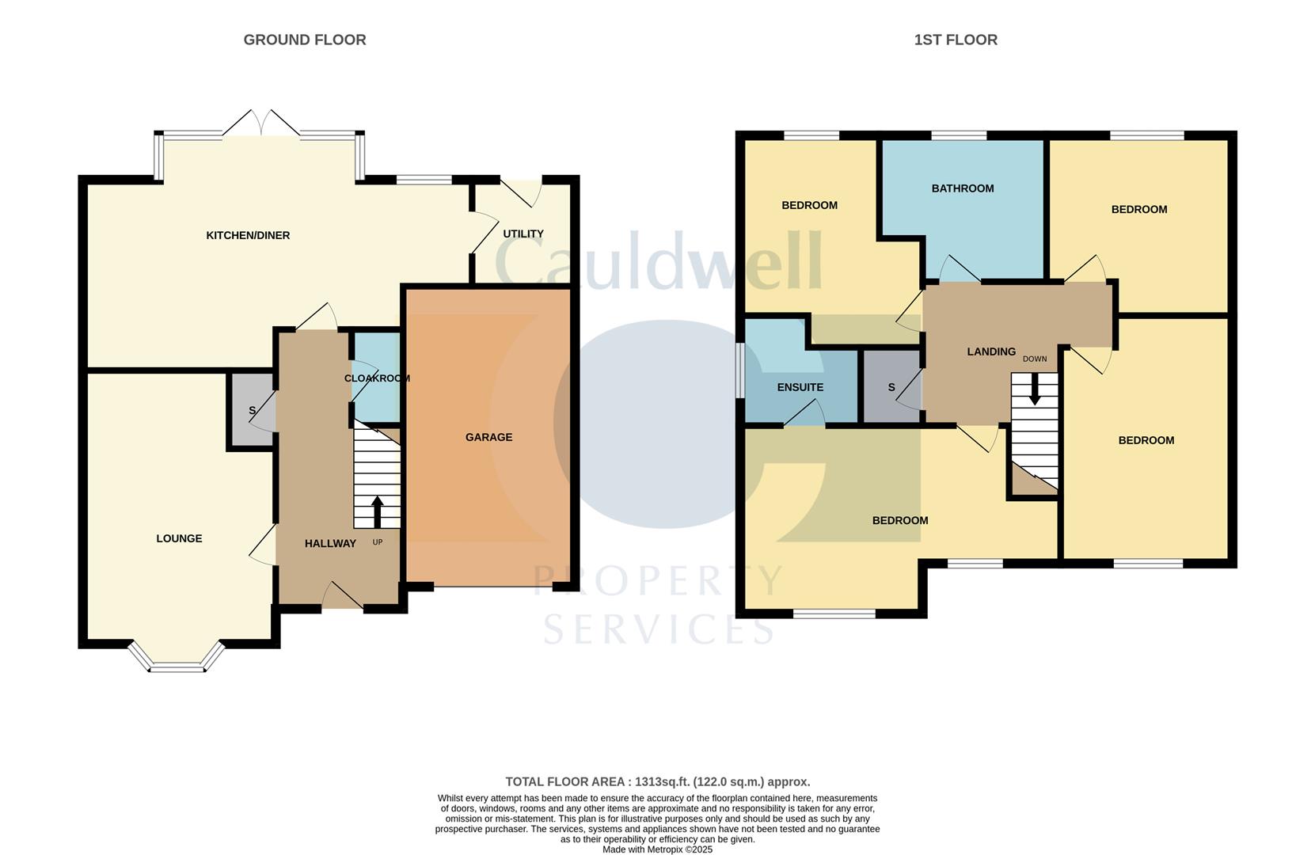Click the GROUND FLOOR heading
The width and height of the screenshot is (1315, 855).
click(x=304, y=40)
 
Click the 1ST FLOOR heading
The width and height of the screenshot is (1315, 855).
click(x=955, y=40)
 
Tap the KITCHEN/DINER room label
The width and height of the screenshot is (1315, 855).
click(x=248, y=235)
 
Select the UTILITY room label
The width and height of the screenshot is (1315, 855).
click(x=523, y=234)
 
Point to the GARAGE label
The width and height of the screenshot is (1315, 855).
click(x=488, y=437)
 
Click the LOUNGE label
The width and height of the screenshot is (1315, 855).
click(x=179, y=538)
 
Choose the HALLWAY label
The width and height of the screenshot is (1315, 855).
click(x=330, y=543)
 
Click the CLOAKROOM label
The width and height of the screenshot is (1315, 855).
click(x=377, y=378)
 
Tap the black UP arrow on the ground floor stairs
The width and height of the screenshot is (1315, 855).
click(x=377, y=511)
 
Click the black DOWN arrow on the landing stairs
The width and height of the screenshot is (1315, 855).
click(x=1034, y=390)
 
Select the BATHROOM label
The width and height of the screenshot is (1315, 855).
click(x=962, y=188)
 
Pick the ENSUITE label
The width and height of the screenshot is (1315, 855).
click(x=800, y=387)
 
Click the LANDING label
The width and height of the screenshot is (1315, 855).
click(x=990, y=351)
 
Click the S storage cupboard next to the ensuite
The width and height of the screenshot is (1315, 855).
click(x=891, y=387)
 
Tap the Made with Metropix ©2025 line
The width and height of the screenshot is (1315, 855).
click(x=657, y=849)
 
